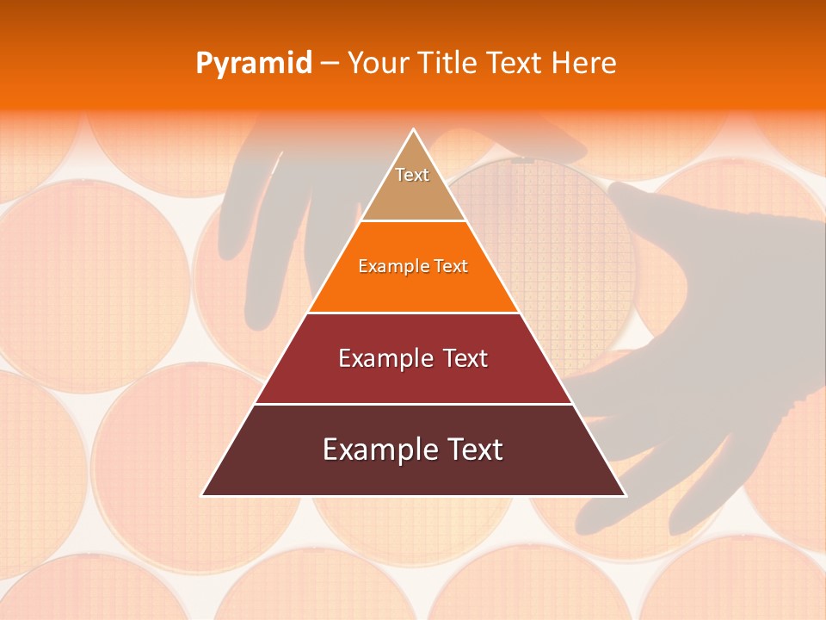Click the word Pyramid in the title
254,64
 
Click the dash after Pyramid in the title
329,64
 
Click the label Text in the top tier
412,175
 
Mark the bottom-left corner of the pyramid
203,495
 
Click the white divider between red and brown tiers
413,404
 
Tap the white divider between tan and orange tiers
413,221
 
